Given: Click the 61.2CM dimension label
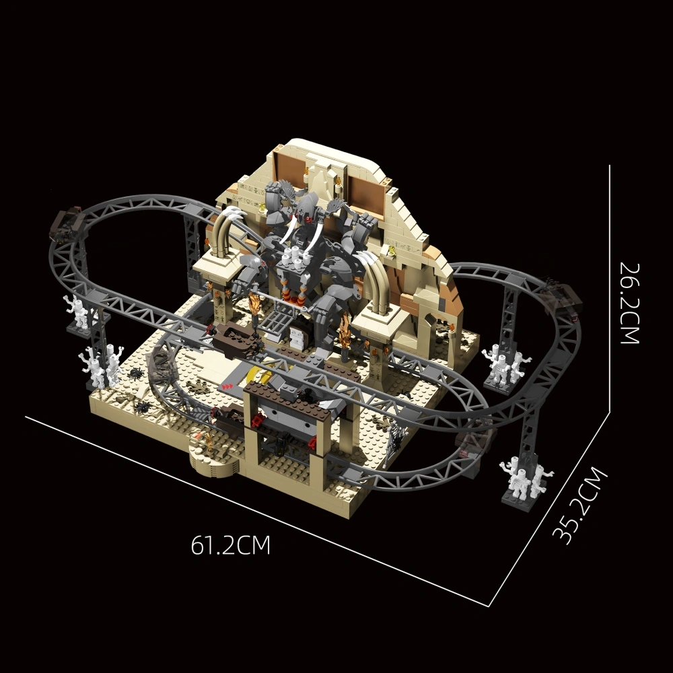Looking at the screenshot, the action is [230, 545].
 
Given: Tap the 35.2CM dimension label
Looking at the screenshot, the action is [580, 505].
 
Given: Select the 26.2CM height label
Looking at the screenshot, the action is [630, 304].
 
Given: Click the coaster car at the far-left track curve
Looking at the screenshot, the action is [68, 223].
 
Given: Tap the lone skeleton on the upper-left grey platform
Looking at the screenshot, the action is [77, 311].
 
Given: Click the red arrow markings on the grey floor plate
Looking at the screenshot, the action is [227, 387].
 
